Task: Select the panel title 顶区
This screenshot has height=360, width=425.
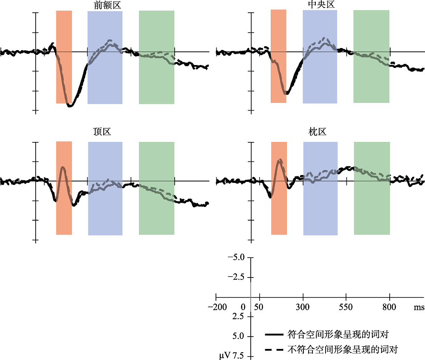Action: [102, 132]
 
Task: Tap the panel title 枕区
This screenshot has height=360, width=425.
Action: [317, 132]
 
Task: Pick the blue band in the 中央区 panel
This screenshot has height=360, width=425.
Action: [320, 26]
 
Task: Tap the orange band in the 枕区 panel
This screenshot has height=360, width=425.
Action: [279, 213]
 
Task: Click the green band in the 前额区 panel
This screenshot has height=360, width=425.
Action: [156, 30]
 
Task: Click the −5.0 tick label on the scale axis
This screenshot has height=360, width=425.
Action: [236, 258]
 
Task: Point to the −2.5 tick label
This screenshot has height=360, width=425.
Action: [236, 277]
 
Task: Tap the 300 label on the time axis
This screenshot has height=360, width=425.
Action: [303, 307]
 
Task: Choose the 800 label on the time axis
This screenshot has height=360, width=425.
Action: [389, 307]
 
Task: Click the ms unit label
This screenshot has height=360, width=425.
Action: [419, 307]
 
